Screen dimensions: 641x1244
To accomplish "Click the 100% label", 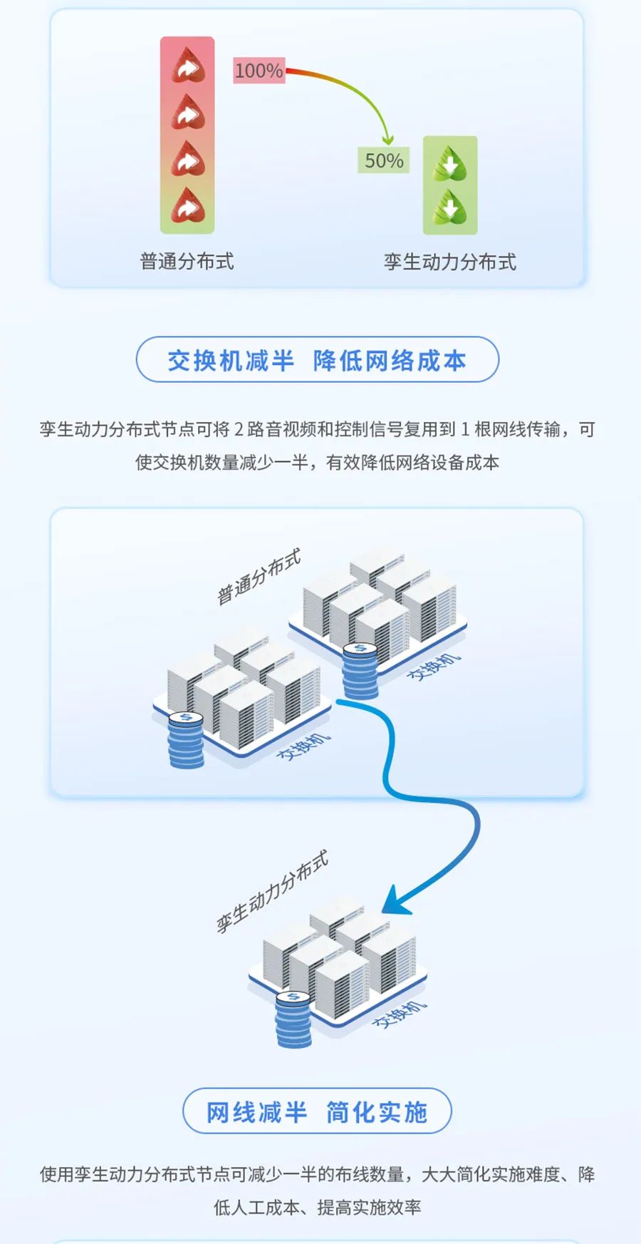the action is tap(259, 71).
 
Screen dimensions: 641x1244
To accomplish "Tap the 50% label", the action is tap(384, 160).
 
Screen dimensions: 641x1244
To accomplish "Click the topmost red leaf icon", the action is tap(188, 66).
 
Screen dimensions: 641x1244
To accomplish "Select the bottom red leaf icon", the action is tap(188, 206).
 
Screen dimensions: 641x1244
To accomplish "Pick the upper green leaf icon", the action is tap(450, 163).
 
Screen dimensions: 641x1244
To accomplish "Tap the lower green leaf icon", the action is tap(450, 208).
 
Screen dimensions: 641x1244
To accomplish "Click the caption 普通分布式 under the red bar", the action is tap(187, 261).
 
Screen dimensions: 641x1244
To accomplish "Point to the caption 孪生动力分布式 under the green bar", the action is tap(450, 262).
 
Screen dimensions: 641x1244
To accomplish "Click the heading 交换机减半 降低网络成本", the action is tap(317, 360).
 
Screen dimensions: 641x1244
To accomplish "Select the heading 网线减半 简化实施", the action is tap(317, 1111).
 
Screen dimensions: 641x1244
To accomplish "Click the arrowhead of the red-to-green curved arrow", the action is tap(387, 139).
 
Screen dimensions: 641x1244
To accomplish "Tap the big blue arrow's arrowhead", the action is tap(395, 900).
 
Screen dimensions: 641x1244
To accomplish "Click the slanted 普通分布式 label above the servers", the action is tap(259, 576).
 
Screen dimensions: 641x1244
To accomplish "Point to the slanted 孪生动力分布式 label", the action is tap(272, 891).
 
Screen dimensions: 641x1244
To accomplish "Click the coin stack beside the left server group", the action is tap(186, 739).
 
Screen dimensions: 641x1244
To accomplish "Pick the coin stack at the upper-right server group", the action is tap(360, 671).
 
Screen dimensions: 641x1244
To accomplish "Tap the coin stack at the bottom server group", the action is tap(293, 1019).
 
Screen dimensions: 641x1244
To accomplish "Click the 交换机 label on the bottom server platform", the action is tap(400, 1014).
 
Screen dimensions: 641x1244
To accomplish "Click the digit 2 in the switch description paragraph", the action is tap(239, 429).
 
